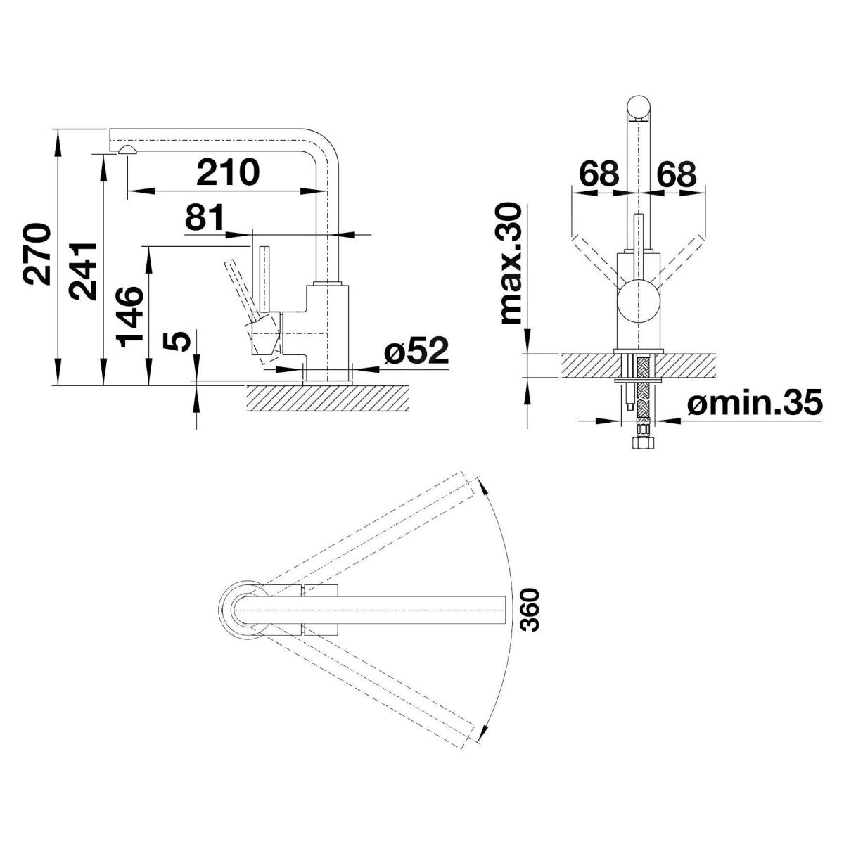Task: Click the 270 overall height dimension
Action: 37,254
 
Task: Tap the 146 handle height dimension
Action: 129,316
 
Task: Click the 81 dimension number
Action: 205,217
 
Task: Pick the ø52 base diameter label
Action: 417,350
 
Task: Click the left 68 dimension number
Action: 599,174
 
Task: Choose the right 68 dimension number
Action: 676,174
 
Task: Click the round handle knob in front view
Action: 638,302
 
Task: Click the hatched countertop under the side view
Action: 328,397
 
